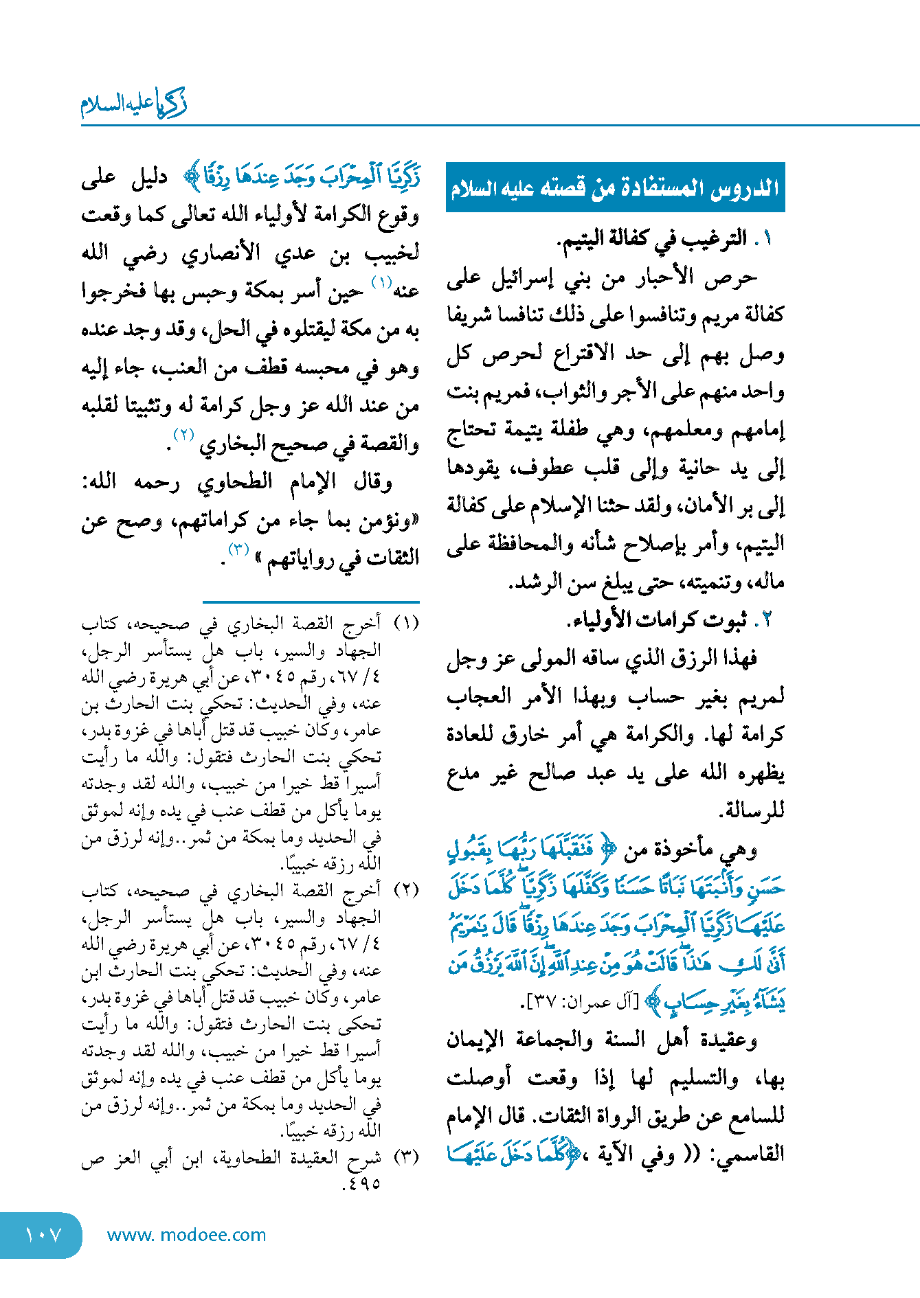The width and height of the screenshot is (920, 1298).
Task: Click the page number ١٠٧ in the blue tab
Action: pyautogui.click(x=43, y=1235)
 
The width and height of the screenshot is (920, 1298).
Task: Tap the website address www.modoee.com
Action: pyautogui.click(x=186, y=1235)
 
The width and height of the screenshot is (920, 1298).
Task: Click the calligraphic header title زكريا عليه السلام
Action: pyautogui.click(x=133, y=104)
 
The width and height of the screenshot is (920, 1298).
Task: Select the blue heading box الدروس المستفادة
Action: pyautogui.click(x=615, y=187)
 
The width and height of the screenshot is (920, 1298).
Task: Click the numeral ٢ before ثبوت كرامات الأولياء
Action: pyautogui.click(x=765, y=620)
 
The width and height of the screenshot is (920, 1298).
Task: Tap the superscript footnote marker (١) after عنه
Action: pyautogui.click(x=382, y=282)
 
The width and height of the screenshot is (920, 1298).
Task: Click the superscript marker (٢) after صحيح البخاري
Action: pyautogui.click(x=184, y=434)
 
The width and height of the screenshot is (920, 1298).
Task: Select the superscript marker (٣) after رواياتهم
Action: pyautogui.click(x=238, y=549)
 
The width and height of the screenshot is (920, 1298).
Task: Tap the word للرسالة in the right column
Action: pyautogui.click(x=753, y=811)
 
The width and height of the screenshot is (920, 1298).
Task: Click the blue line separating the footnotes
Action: pyautogui.click(x=311, y=602)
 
